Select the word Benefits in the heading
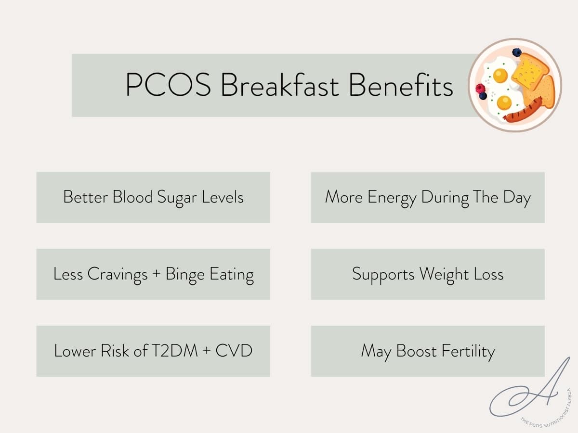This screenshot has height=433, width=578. (x=401, y=86)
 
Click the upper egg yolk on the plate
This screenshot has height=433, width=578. (x=500, y=76)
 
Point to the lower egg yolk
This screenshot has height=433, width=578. (x=504, y=102)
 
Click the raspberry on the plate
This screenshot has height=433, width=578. (x=480, y=88)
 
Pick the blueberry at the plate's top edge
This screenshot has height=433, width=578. (x=517, y=52)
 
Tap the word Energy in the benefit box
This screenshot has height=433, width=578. (x=393, y=198)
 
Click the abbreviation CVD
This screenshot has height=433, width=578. (x=234, y=351)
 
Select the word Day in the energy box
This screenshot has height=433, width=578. (x=516, y=198)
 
